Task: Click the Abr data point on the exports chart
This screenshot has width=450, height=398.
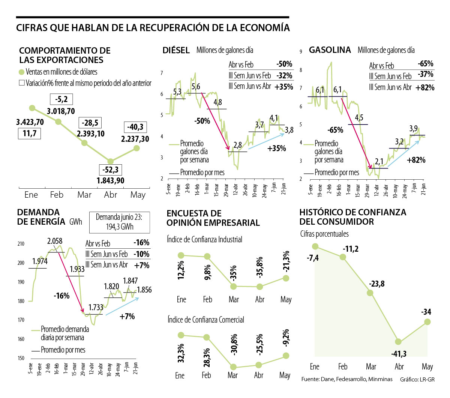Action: point(110,161)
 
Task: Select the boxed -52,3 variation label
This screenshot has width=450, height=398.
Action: point(110,170)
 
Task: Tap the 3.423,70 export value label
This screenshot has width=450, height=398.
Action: point(30,122)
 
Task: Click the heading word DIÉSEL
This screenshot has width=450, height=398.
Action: point(176,50)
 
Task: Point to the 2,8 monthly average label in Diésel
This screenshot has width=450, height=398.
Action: point(237,145)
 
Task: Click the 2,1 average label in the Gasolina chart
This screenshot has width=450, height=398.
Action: point(379,162)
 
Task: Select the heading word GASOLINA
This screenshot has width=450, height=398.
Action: point(330,50)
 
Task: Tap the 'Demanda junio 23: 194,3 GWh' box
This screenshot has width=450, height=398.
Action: point(119,222)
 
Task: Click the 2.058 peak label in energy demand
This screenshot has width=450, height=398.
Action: point(55,241)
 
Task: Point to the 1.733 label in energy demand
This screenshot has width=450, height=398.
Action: point(96,308)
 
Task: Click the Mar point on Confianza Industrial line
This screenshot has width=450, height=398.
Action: point(234,286)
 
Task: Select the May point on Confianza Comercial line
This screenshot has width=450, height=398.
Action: point(285,355)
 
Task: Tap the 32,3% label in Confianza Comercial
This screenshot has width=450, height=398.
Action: point(181,353)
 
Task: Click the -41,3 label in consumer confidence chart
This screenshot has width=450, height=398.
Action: point(399,354)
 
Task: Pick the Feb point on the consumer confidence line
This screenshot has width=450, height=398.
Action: point(343,257)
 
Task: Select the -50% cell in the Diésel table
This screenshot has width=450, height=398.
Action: point(284,64)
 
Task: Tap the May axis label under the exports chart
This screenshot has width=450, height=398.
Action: point(138,195)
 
